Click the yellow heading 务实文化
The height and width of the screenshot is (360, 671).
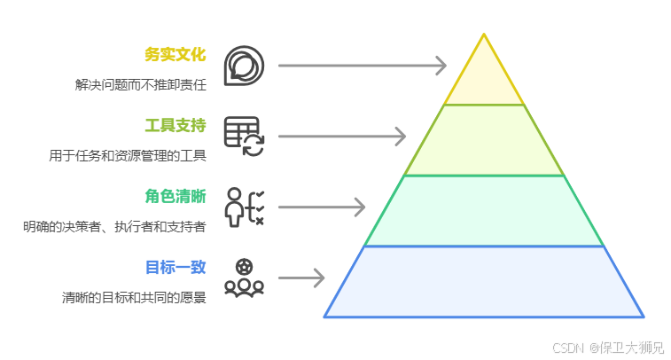click(x=176, y=55)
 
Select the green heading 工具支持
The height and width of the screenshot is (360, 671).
click(x=176, y=125)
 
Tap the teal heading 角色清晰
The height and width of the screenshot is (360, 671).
click(x=176, y=196)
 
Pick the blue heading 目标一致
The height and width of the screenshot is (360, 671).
click(x=176, y=267)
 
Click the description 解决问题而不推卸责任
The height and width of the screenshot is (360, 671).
click(x=140, y=86)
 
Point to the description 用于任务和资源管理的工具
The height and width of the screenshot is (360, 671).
click(x=128, y=156)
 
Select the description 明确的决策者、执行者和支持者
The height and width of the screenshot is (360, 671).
click(x=114, y=227)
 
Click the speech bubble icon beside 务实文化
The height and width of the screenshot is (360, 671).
click(x=243, y=65)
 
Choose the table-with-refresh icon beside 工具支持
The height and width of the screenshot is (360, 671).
click(x=244, y=136)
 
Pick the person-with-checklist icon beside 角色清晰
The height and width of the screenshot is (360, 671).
click(x=244, y=207)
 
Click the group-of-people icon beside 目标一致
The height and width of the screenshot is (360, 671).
click(x=244, y=278)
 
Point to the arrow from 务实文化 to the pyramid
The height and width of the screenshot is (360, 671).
click(x=362, y=65)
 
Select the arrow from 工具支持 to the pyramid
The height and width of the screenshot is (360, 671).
click(x=342, y=136)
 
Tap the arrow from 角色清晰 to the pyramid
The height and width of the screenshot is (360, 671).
click(x=322, y=207)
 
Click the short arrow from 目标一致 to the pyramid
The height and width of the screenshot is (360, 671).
click(x=301, y=278)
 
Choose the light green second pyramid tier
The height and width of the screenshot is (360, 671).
click(x=484, y=141)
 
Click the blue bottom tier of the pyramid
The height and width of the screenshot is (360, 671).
click(x=484, y=282)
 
